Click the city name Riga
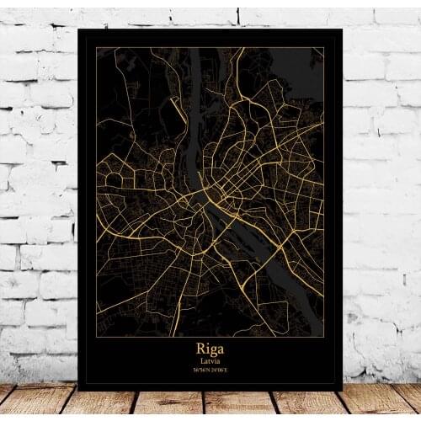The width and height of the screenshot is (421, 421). pos(210,348)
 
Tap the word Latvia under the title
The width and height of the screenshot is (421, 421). pos(210,361)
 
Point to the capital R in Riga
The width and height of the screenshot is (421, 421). pos(200,347)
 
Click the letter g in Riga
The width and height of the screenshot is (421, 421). pos(214,349)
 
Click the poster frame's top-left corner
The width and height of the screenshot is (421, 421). pos(78,29)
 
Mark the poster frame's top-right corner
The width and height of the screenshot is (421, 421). pos(342,29)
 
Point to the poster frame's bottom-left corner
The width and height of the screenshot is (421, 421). pos(78,390)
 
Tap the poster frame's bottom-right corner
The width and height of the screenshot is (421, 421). pos(342,390)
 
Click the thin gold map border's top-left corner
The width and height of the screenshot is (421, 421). pos(96,48)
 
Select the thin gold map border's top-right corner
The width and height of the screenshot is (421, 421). pos(324,48)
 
